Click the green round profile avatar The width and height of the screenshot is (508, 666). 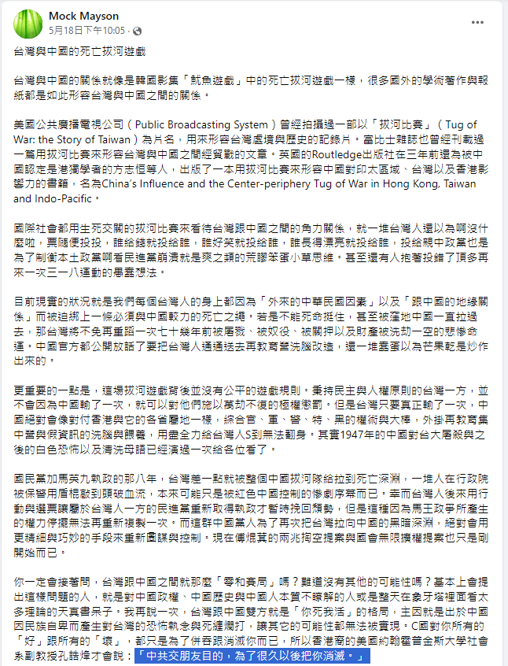point(28,24)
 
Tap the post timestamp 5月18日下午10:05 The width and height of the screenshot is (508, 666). point(87,30)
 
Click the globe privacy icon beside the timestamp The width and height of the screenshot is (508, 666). point(138,31)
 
